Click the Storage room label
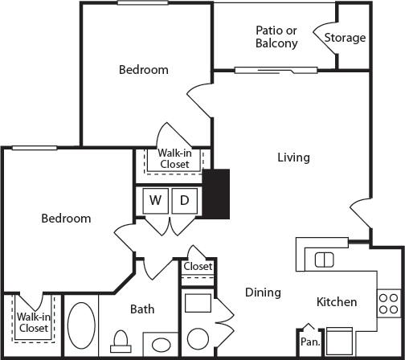(x=345, y=38)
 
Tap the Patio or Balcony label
(x=276, y=37)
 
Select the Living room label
(x=293, y=157)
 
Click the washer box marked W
(x=156, y=200)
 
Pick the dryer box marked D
(x=184, y=200)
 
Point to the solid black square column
(x=216, y=193)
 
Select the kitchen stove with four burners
(x=388, y=303)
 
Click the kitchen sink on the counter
(x=324, y=259)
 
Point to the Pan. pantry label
(x=309, y=341)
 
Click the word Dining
(x=263, y=292)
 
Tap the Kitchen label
(x=336, y=302)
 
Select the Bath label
(x=142, y=309)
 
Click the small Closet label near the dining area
(x=198, y=266)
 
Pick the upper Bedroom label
(x=144, y=69)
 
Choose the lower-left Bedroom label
(x=66, y=218)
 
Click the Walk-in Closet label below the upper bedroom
(x=174, y=157)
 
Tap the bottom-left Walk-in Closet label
(x=33, y=322)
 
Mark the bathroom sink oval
(x=162, y=346)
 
